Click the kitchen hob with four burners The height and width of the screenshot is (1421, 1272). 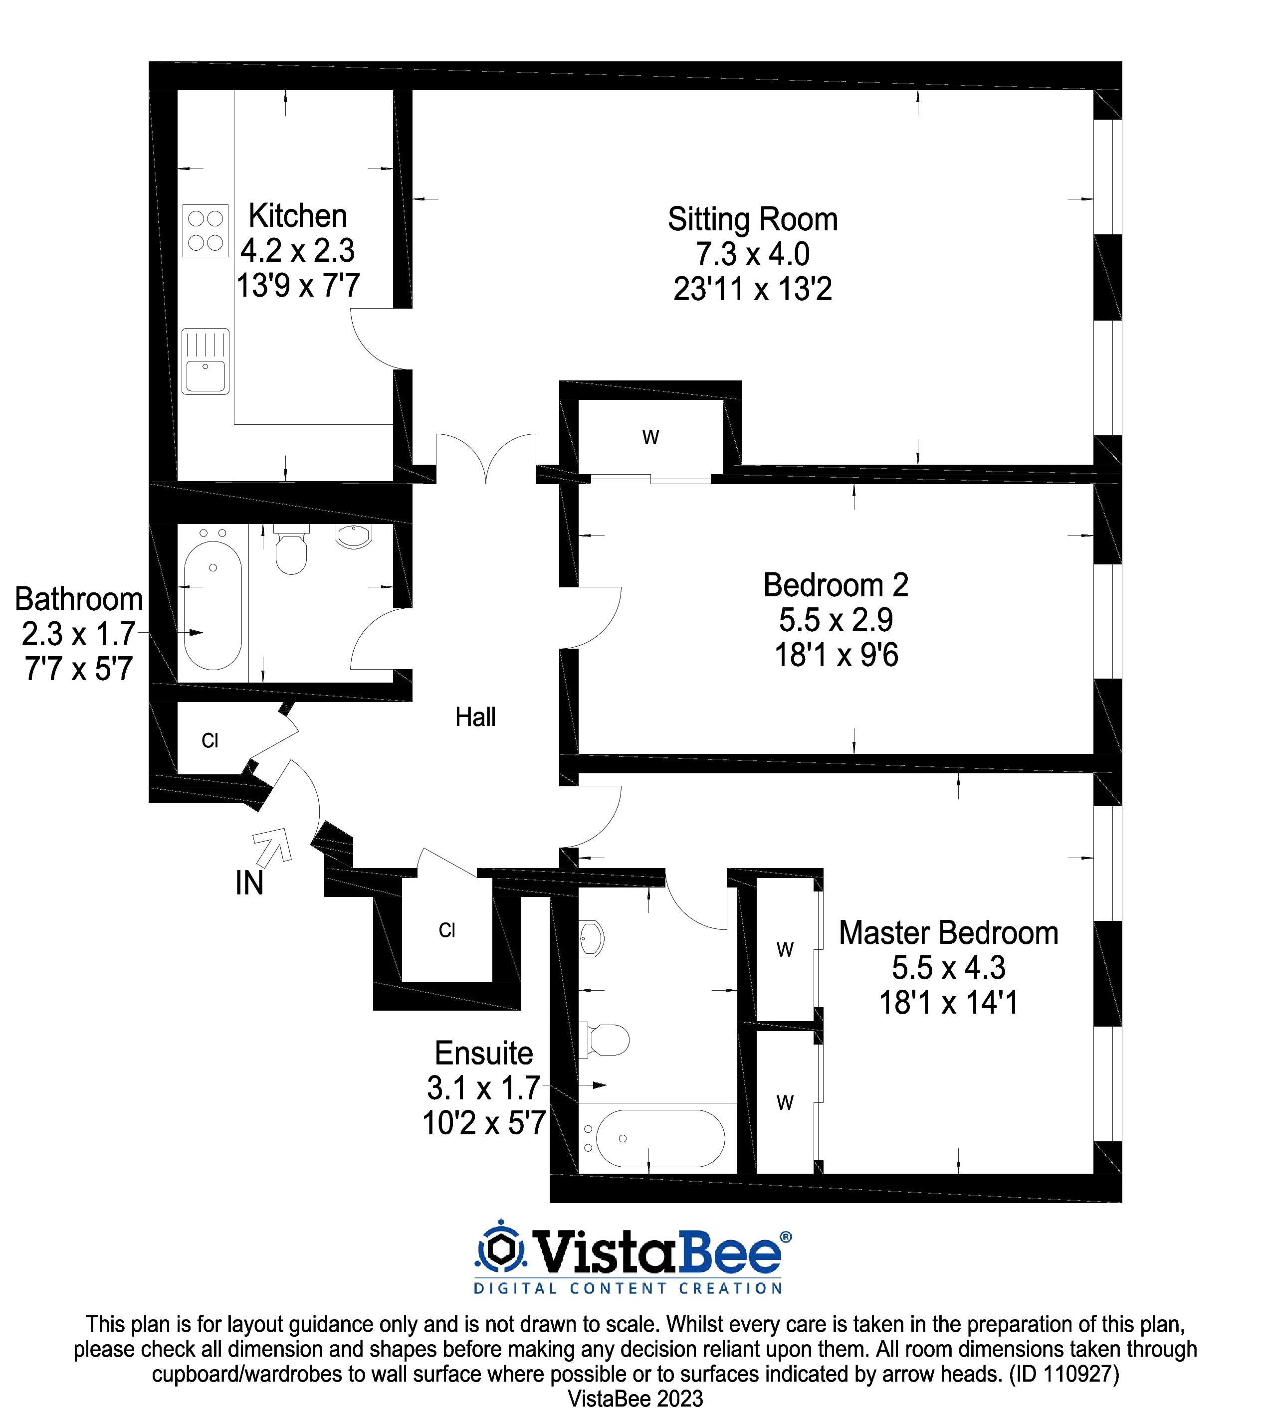[x=206, y=230]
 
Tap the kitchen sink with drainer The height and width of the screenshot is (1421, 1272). [x=205, y=361]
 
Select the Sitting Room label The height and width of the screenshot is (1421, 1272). [x=752, y=219]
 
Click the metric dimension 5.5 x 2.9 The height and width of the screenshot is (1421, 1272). [x=836, y=620]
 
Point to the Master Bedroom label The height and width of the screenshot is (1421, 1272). [x=948, y=933]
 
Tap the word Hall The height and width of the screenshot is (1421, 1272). [x=475, y=717]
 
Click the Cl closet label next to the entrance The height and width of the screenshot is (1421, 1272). [x=210, y=740]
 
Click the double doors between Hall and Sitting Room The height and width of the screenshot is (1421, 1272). [x=486, y=458]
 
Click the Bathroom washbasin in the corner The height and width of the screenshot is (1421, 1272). [x=354, y=536]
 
